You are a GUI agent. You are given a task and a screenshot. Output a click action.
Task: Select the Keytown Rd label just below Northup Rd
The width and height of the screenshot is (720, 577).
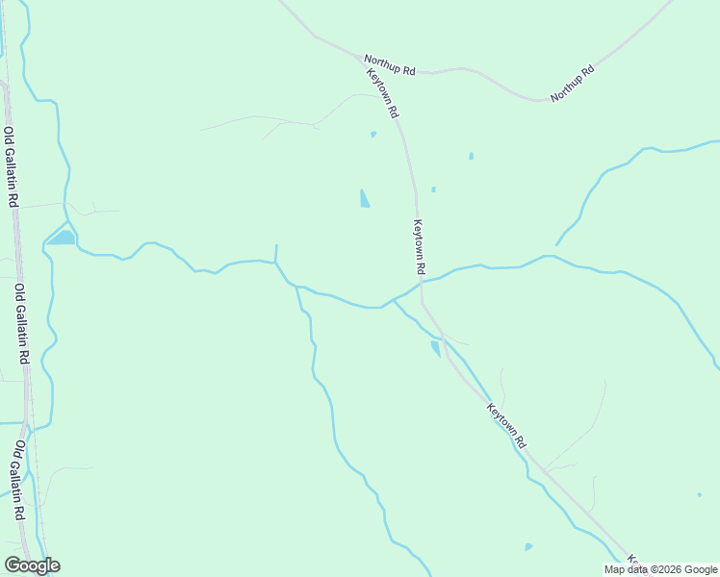(x=382, y=93)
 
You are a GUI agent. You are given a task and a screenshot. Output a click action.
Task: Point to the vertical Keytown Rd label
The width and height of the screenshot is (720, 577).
(x=419, y=244)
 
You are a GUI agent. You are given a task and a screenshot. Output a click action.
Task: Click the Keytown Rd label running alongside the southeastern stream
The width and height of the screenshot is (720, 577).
(x=506, y=426)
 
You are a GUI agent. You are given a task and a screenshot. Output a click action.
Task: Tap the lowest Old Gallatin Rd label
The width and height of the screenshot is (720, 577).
(x=18, y=480)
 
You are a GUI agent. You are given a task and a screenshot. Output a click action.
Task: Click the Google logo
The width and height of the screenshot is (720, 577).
(x=32, y=565)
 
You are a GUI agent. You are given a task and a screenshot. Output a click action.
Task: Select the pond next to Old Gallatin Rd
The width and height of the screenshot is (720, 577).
(x=63, y=237)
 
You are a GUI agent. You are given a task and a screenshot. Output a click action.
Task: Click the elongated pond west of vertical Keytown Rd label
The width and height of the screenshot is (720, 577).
(x=364, y=198)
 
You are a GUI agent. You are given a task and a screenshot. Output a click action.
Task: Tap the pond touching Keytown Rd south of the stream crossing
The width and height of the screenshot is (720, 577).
(x=435, y=348)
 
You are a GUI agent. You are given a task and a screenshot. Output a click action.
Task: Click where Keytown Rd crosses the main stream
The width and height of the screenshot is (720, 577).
(x=421, y=283)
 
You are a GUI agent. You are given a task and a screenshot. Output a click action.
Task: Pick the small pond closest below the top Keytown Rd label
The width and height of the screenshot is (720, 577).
(x=373, y=134)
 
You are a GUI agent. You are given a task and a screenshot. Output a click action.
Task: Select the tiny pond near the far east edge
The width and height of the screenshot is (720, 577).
(x=700, y=494)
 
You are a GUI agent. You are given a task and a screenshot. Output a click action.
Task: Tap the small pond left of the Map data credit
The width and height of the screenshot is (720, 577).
(x=528, y=547)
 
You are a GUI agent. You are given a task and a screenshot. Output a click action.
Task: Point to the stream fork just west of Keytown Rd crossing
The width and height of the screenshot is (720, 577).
(x=393, y=300)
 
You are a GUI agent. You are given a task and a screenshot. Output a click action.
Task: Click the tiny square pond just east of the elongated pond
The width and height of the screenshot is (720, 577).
(x=433, y=189)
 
